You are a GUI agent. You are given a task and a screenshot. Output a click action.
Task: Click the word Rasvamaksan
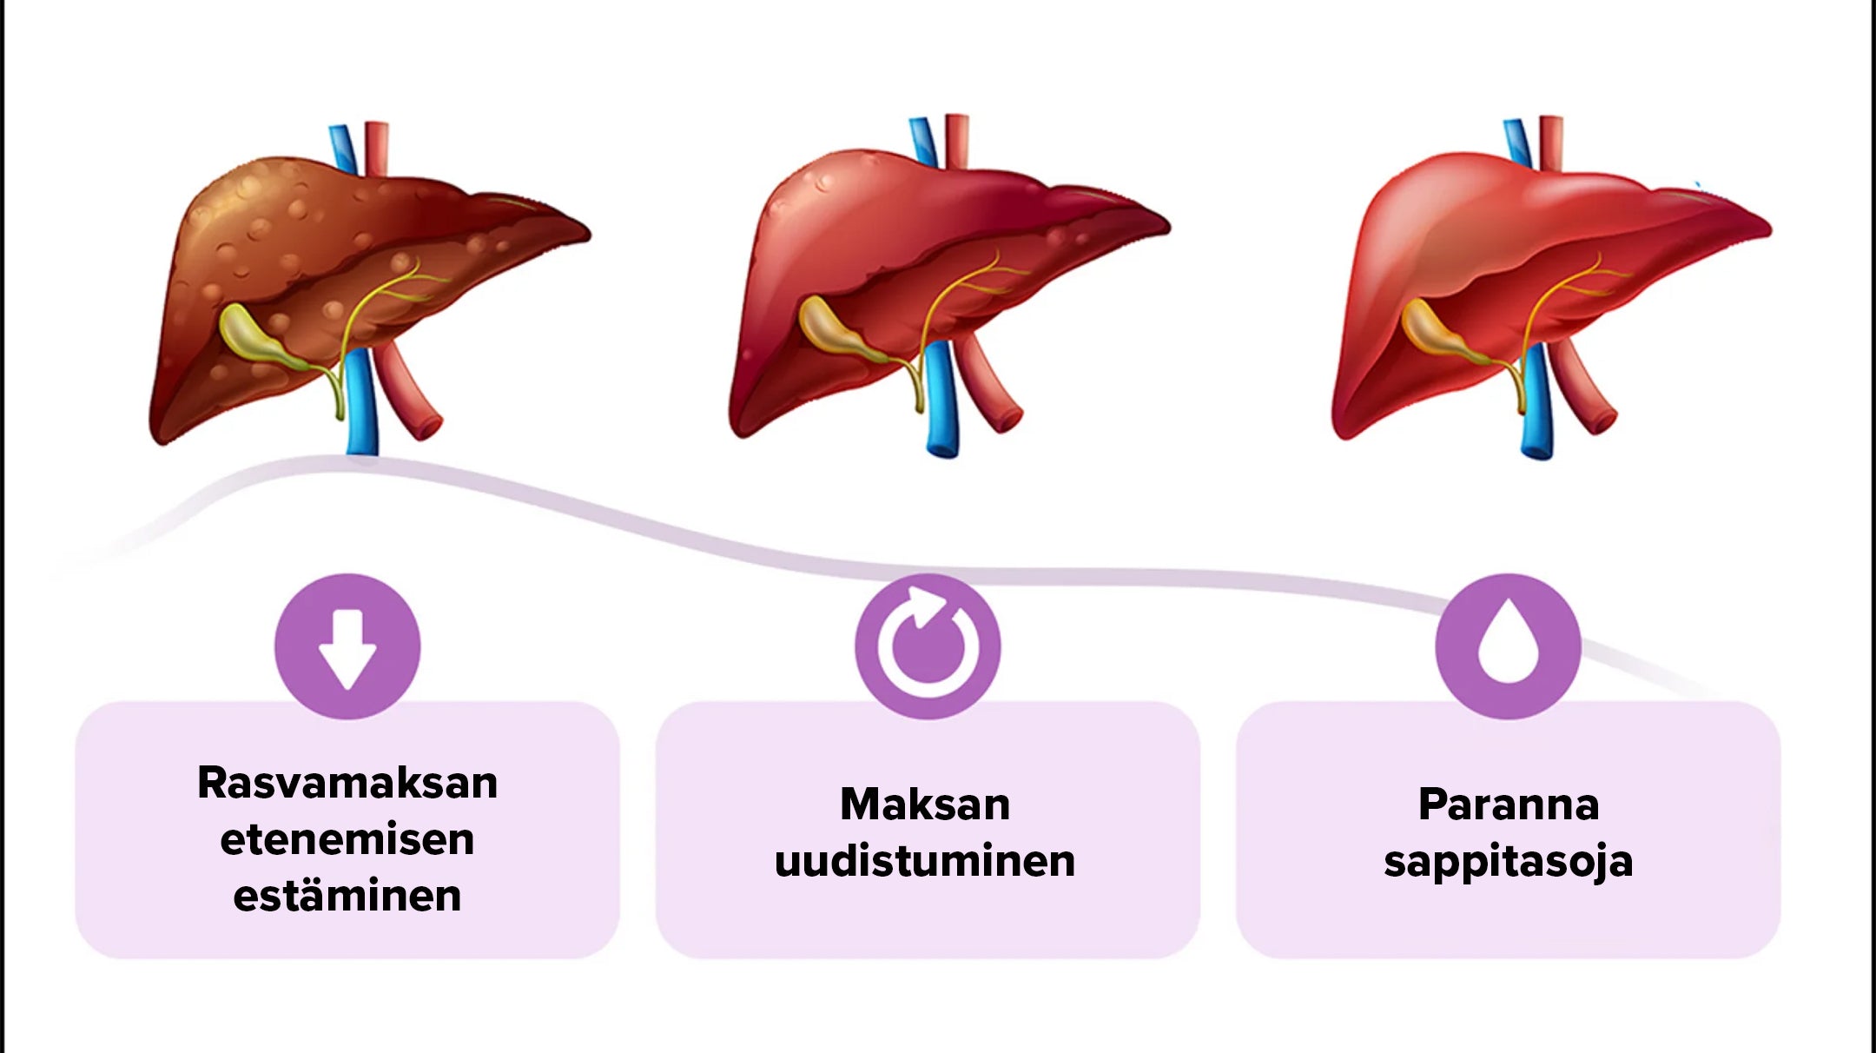(x=347, y=783)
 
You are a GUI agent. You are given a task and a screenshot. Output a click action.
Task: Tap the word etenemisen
(x=347, y=839)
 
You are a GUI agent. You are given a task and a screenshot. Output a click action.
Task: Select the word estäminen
(x=347, y=896)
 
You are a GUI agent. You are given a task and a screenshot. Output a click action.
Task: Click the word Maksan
(x=925, y=805)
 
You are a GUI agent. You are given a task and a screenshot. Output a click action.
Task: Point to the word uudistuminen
(x=925, y=861)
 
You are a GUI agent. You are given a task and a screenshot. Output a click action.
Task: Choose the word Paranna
(x=1509, y=805)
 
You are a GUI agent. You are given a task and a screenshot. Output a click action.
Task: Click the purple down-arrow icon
(x=347, y=646)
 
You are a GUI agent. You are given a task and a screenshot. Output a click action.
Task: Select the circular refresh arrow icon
(x=928, y=646)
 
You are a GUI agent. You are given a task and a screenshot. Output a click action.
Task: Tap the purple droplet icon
(x=1509, y=646)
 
